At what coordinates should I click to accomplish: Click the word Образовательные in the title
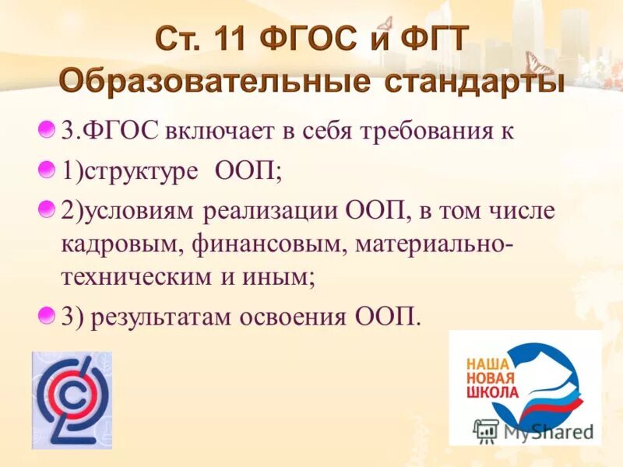tap(211, 80)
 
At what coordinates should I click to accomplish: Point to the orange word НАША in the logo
tap(487, 363)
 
